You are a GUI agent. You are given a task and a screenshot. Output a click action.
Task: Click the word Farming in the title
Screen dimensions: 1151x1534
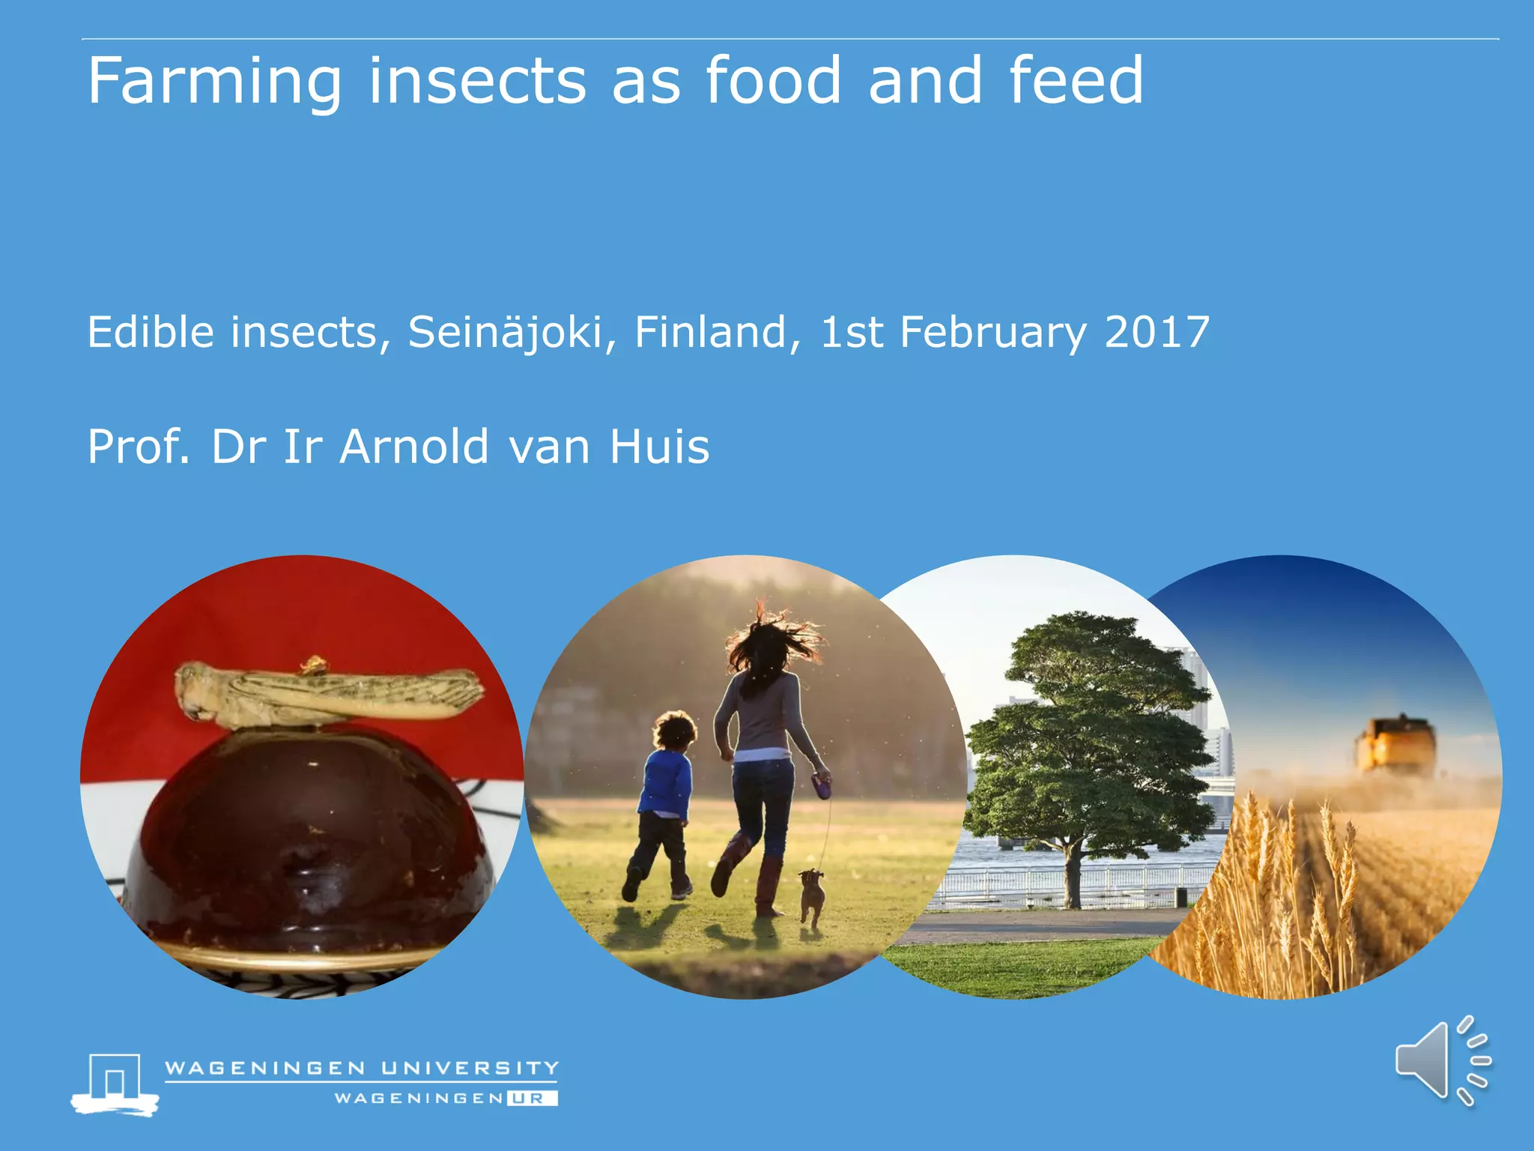(214, 82)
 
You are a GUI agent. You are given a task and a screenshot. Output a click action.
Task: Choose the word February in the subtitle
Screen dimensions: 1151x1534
(992, 333)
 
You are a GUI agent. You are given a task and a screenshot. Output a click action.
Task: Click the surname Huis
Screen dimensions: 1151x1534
(659, 447)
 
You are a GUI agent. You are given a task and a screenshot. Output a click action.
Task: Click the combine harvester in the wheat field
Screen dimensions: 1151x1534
(1395, 746)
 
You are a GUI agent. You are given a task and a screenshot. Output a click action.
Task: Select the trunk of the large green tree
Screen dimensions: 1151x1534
(1073, 873)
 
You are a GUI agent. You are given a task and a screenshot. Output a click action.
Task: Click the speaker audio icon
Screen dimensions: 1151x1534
(1441, 1061)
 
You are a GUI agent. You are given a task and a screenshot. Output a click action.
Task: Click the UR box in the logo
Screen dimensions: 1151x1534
(531, 1099)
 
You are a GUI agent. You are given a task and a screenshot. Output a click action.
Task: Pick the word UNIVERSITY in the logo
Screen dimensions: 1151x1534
(470, 1068)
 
